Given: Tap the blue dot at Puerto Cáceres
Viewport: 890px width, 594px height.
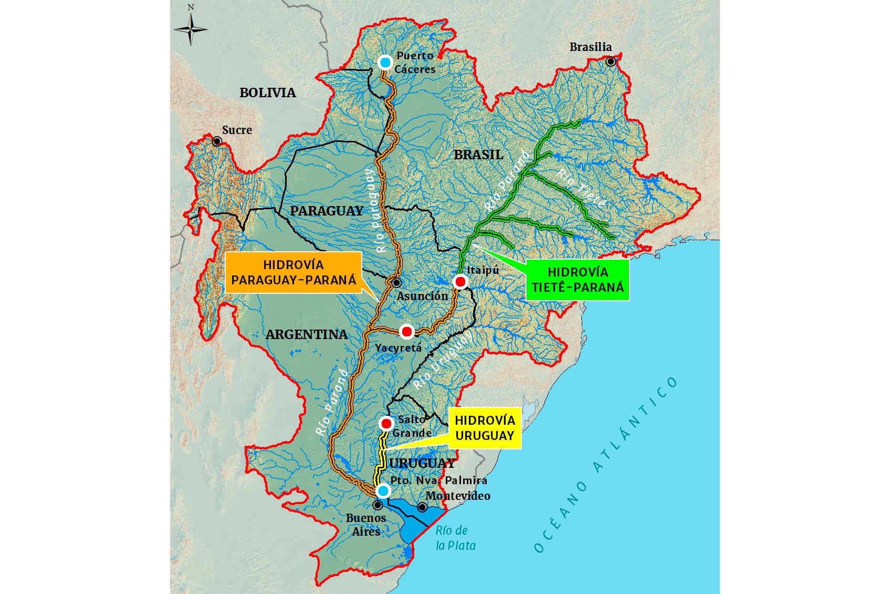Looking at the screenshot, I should click(x=386, y=63).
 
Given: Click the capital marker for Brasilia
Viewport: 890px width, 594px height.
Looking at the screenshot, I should click(x=610, y=62).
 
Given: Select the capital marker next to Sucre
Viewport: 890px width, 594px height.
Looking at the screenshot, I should click(x=216, y=141).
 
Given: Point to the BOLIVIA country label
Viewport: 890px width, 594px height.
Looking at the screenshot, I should click(x=268, y=93).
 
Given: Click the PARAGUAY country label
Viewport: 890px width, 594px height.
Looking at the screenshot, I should click(x=327, y=211).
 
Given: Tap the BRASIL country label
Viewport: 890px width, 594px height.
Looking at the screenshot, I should click(x=478, y=155).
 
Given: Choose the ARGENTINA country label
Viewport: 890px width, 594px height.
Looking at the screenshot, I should click(x=307, y=334).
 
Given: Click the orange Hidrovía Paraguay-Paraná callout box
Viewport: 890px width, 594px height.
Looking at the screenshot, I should click(x=294, y=272).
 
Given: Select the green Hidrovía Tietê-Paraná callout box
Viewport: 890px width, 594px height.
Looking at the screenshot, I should click(x=577, y=280).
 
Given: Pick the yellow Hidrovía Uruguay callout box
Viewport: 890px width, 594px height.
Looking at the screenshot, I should click(x=484, y=428).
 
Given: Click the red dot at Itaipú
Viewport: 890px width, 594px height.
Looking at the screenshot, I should click(x=460, y=282).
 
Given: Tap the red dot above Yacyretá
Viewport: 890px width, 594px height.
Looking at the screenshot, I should click(x=406, y=332).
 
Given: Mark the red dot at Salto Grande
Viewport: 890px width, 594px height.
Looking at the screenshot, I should click(x=386, y=424).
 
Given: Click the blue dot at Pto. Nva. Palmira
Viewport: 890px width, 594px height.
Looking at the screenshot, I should click(x=384, y=491).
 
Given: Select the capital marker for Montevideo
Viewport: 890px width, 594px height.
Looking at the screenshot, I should click(x=422, y=507).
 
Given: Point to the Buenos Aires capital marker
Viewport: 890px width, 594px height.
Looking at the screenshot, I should click(x=378, y=505).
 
